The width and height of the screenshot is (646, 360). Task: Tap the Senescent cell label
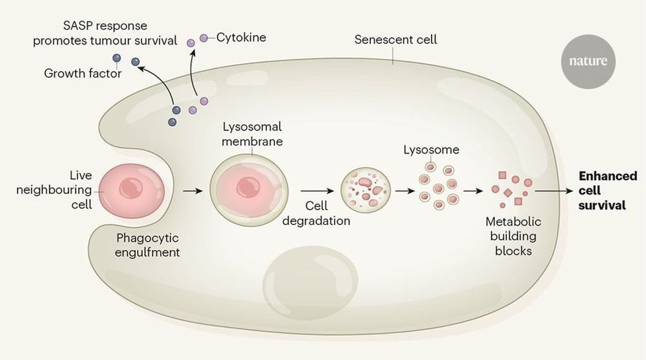click(x=396, y=39)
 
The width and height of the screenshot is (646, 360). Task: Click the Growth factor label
click(x=83, y=74)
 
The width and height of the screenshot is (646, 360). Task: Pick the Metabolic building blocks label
click(x=514, y=236)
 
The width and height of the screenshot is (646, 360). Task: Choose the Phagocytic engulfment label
click(x=147, y=244)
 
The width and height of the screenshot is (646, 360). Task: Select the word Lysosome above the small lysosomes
click(x=431, y=150)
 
